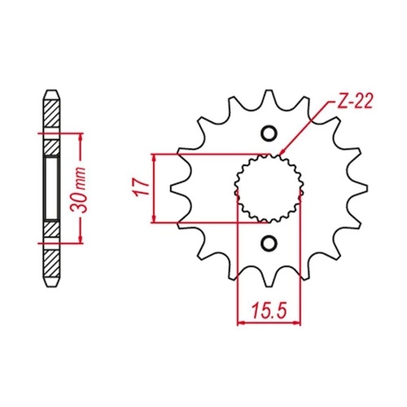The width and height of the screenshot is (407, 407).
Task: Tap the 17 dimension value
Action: [x=141, y=187]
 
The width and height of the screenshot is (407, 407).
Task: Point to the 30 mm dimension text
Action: [x=78, y=190]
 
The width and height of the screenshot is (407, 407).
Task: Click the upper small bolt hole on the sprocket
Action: [x=269, y=133]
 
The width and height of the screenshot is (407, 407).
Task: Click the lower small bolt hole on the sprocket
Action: [x=269, y=243]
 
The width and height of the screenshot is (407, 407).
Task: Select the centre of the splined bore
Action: [x=269, y=188]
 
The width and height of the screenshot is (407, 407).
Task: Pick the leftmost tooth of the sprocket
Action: [x=177, y=188]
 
